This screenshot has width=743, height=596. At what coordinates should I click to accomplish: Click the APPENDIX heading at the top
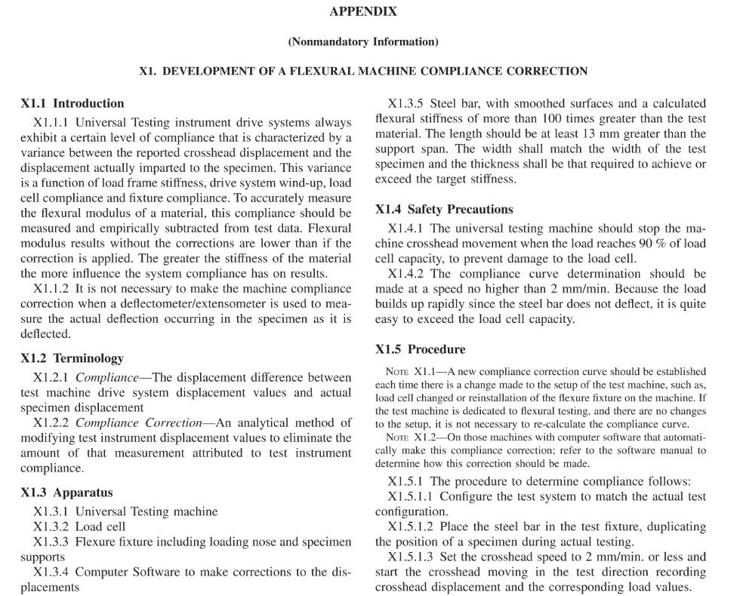(x=363, y=12)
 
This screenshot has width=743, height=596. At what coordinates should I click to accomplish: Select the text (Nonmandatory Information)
(x=363, y=41)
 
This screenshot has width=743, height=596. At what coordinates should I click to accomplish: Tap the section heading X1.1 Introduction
(x=72, y=103)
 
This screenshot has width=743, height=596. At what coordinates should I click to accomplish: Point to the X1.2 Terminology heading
(x=72, y=358)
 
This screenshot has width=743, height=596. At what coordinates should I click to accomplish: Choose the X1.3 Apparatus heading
(x=67, y=493)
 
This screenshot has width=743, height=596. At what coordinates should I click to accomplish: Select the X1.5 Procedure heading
(x=421, y=349)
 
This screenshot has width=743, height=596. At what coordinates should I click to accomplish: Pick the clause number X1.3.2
(x=53, y=527)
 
